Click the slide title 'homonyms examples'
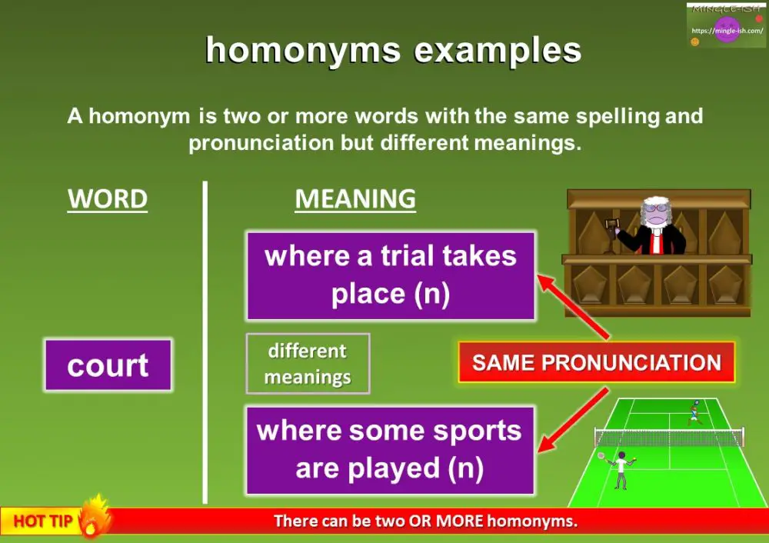pyautogui.click(x=393, y=51)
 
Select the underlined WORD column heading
pyautogui.click(x=108, y=199)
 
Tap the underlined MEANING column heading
pyautogui.click(x=355, y=199)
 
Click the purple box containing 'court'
pyautogui.click(x=108, y=365)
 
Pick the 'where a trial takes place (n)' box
pyautogui.click(x=390, y=275)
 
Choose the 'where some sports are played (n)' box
pyautogui.click(x=390, y=450)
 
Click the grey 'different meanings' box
pyautogui.click(x=308, y=364)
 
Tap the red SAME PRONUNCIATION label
pyautogui.click(x=596, y=363)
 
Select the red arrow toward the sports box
pyautogui.click(x=573, y=421)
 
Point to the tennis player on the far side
pyautogui.click(x=694, y=411)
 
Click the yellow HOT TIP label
pyautogui.click(x=43, y=521)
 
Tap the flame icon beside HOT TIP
pyautogui.click(x=95, y=515)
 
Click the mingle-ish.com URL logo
pyautogui.click(x=726, y=29)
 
